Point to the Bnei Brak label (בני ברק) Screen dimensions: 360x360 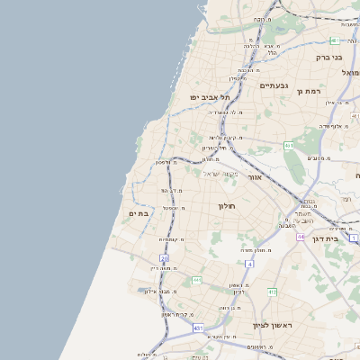point(328,57)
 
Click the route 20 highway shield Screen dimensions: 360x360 point(165,257)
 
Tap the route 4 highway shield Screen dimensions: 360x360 point(249,264)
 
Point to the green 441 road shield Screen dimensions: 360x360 point(197,280)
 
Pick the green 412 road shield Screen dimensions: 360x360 point(272,291)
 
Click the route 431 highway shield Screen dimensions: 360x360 point(197,328)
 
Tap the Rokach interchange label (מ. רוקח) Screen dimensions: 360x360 point(261,19)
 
